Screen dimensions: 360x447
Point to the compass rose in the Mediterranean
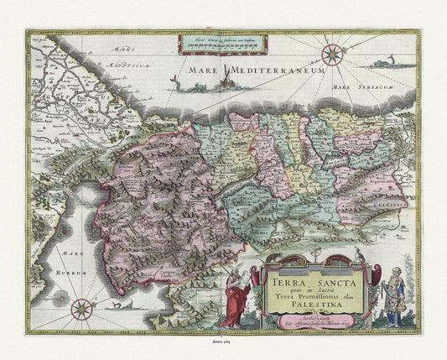[x=333, y=57]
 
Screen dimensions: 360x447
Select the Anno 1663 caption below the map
[x=223, y=347]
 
